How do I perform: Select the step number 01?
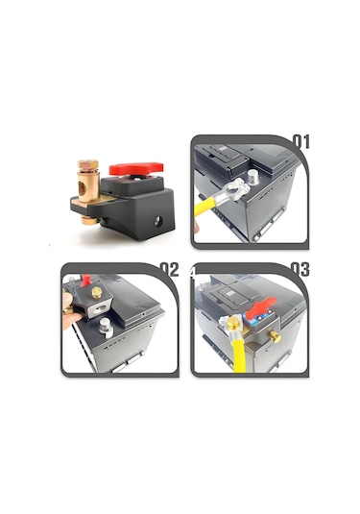(300, 143)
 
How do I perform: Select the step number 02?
(170, 270)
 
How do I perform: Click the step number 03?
(300, 270)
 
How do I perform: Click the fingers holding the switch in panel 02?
(69, 317)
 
